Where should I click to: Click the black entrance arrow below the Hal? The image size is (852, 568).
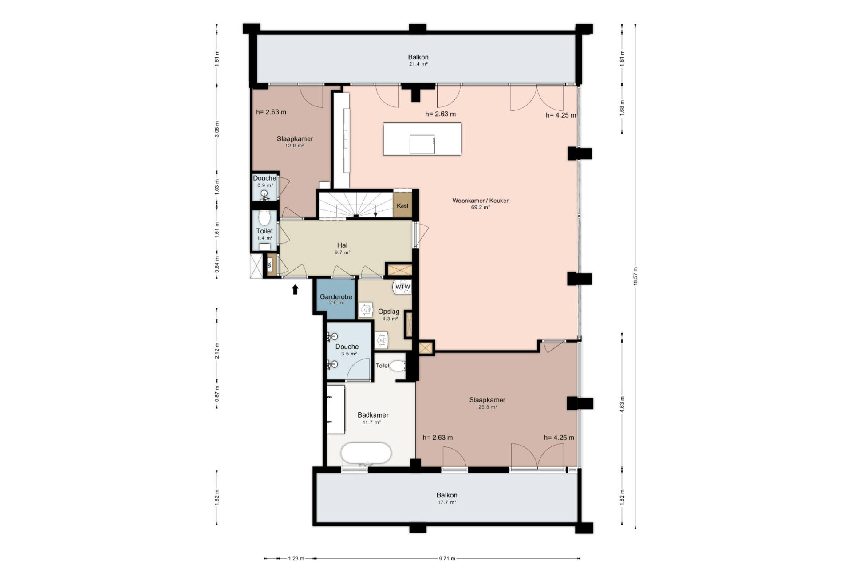pos(295,289)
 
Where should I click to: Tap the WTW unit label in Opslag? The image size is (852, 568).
pos(403,288)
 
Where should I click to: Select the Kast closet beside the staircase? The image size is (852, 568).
pos(403,205)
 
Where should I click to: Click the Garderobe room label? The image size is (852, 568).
pos(336,297)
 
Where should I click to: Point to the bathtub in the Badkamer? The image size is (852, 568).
pos(366,454)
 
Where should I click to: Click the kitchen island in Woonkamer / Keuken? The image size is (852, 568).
pos(422,139)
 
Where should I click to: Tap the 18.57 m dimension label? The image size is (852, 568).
pos(635,277)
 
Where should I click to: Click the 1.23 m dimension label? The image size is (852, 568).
pos(296,559)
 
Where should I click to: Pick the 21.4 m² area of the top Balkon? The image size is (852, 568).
pos(418,64)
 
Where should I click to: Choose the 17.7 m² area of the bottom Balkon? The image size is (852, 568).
pos(447,502)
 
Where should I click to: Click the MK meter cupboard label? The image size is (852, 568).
pos(269,266)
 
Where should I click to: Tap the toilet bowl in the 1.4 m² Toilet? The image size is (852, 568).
pos(264,218)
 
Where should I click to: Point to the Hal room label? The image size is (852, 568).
pos(342,245)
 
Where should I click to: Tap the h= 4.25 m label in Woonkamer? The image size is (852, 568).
pos(561,115)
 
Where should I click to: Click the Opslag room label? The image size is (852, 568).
pos(389,312)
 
